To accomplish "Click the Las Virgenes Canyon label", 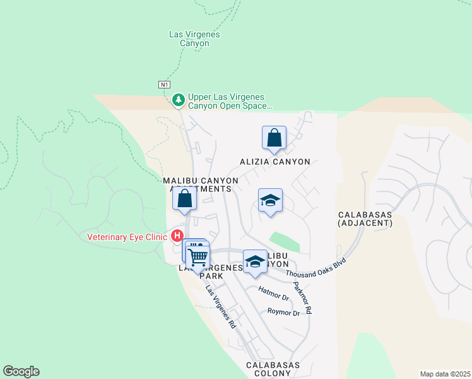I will pos(194,39).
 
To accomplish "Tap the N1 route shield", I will pos(164,84).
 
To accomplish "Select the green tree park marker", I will pos(179,100).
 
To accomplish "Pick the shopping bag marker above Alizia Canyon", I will pos(274,138).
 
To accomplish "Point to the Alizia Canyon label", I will pos(274,162).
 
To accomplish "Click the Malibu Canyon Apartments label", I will pos(201,184).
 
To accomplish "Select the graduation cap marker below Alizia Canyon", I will pos(270,202).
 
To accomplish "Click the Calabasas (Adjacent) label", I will pos(365,219).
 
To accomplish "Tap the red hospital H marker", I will pos(177,237).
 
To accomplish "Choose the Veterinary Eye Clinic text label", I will pos(127,237).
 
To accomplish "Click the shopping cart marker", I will pos(198,256).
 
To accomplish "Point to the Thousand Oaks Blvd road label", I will pos(317,268).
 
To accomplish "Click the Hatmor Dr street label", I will pos(274,293).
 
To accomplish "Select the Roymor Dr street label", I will pos(283,312).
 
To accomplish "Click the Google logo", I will pos(21,371).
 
